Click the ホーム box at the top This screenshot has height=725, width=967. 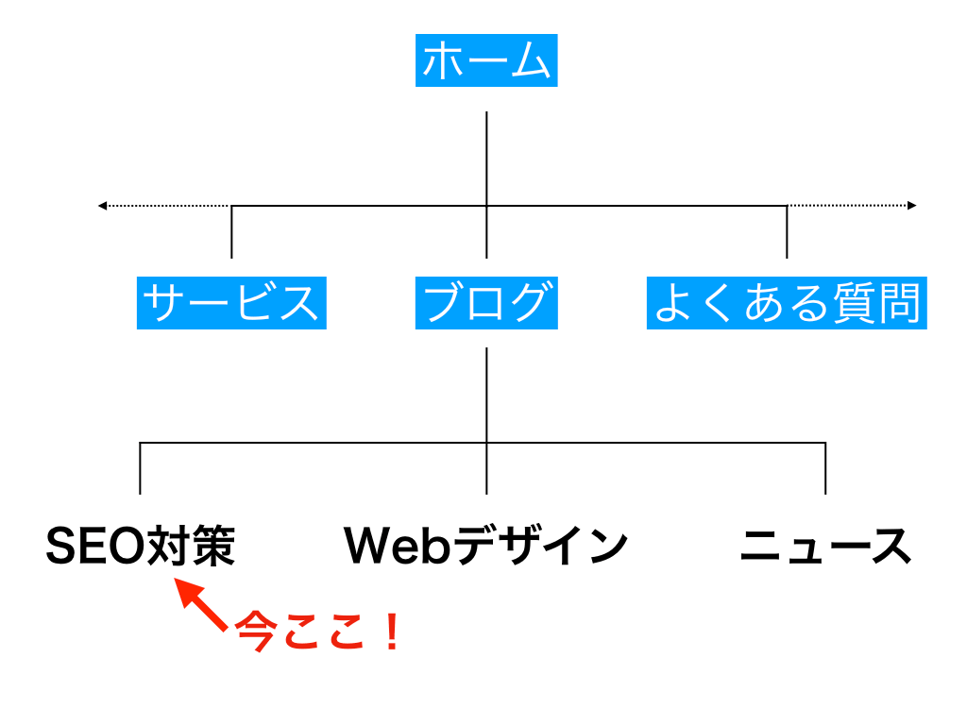(486, 60)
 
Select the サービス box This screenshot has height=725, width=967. (231, 302)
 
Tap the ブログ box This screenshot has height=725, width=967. (486, 302)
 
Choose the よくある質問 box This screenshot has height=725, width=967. (787, 302)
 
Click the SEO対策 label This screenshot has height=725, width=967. (141, 547)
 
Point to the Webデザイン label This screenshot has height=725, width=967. (486, 547)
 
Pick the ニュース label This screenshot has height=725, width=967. (825, 547)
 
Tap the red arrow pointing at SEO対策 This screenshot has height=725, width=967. (201, 605)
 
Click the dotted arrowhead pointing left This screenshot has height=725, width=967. (103, 205)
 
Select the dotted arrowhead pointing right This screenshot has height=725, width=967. (911, 205)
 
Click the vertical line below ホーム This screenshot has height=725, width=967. (486, 156)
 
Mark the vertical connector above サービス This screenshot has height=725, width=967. (231, 232)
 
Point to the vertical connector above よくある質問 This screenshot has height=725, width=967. (787, 232)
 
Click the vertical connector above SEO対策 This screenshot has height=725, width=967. (141, 468)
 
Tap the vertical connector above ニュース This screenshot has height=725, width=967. (825, 468)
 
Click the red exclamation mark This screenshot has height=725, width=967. (391, 632)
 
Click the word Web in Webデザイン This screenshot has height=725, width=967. (398, 547)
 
